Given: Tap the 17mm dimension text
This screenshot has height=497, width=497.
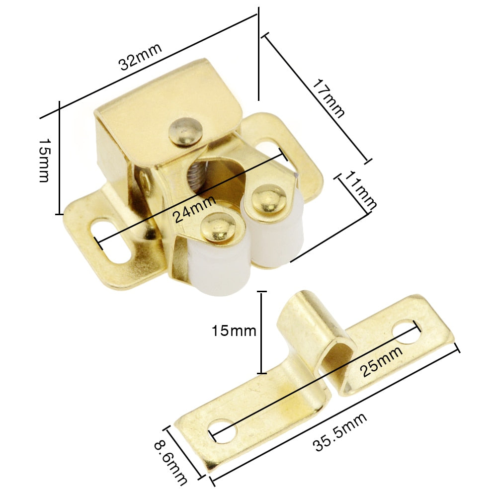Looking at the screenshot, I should pos(329,98).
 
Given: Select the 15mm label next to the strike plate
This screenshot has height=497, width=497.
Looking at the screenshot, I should pos(234,331).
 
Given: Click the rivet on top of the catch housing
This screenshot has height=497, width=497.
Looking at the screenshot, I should pos(185,131).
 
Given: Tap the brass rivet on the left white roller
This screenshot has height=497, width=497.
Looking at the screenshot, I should pos(219,227).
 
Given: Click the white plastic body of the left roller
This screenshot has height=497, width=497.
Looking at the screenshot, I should pos(219,268).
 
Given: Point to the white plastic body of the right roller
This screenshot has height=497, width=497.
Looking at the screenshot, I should pos(278,239).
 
